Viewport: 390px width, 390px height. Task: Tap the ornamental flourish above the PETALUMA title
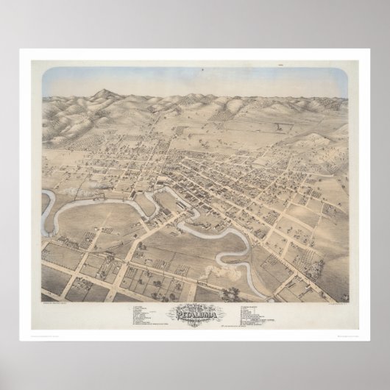pos(194,303)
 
